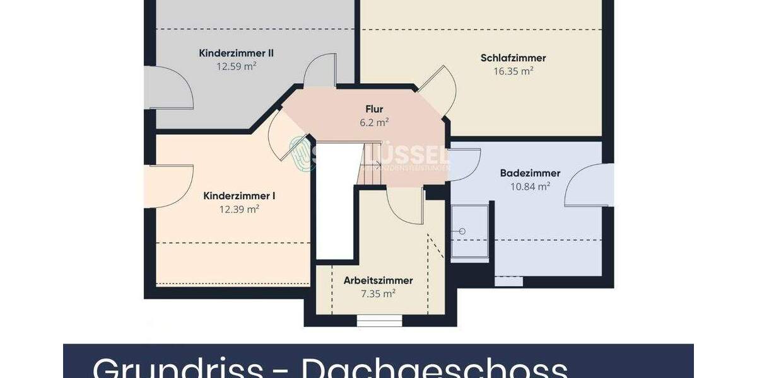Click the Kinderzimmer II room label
pos(227,53)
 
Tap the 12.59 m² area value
pos(237,66)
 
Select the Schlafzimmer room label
pos(513,58)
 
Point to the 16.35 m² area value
pos(513,71)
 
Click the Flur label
pos(374,109)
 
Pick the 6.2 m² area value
pos(374,122)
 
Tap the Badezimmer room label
pos(530,173)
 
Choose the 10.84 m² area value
pos(530,186)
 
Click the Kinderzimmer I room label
pos(239,196)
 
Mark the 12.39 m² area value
pos(239,209)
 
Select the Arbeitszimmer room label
pos(378,280)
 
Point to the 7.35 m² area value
pos(378,294)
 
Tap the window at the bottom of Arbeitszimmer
pos(379,321)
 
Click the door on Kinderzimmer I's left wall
pos(169,186)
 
